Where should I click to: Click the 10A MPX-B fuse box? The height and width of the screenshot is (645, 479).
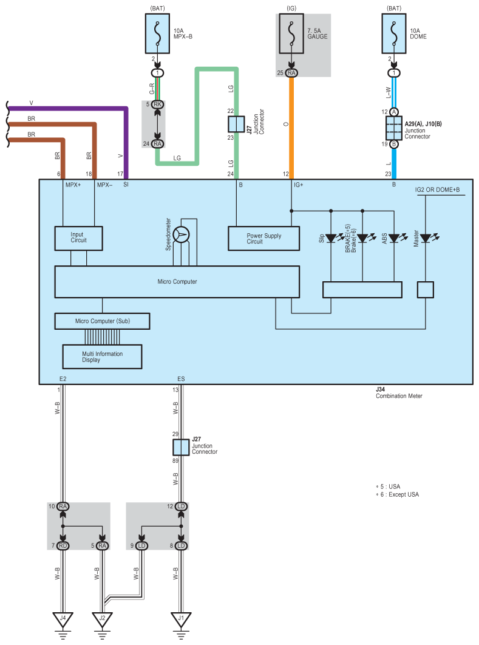(x=157, y=34)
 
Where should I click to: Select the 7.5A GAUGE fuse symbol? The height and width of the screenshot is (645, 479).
(x=291, y=34)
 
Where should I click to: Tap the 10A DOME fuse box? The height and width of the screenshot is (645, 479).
(x=394, y=34)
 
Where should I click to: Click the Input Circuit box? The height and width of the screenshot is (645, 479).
(x=78, y=238)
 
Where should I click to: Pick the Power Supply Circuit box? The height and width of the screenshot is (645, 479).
(x=263, y=238)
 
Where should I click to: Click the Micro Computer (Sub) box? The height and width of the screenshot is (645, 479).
(x=102, y=321)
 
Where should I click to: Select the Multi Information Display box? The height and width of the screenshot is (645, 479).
(x=102, y=357)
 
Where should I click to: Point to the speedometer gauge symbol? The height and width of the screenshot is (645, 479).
(x=181, y=235)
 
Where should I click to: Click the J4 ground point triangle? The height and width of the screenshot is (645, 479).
(x=63, y=619)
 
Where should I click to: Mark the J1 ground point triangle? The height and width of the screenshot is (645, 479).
(x=181, y=619)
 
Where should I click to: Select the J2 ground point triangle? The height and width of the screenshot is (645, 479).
(x=102, y=619)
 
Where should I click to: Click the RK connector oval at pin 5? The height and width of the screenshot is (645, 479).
(x=157, y=104)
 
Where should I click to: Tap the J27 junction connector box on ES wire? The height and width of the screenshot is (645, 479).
(x=181, y=447)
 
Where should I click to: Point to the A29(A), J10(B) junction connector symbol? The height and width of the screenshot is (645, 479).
(x=394, y=128)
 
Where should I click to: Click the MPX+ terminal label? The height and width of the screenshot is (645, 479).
(x=73, y=185)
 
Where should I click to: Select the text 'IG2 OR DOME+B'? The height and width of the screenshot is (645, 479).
(x=438, y=189)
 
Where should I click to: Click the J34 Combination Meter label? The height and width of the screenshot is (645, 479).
(x=399, y=392)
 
